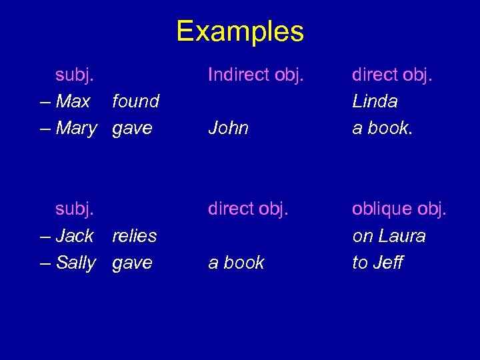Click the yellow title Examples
coord(240,31)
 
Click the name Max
coord(73,101)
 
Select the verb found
coord(135,101)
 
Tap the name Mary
coord(76,128)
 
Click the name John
coord(228,128)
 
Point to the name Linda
coord(375,101)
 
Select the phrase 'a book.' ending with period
coord(383,128)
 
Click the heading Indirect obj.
coord(256,75)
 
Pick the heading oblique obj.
coord(399,209)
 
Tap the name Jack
coord(75,236)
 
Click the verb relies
coord(134,236)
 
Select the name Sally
coord(76,263)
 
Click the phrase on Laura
coord(389,236)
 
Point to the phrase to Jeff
coord(377,263)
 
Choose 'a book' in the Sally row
coord(236,263)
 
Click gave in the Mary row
coord(132,128)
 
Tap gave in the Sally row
coord(132,263)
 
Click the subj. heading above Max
coord(75,75)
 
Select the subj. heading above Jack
coord(75,209)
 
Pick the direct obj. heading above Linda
coord(392,75)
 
